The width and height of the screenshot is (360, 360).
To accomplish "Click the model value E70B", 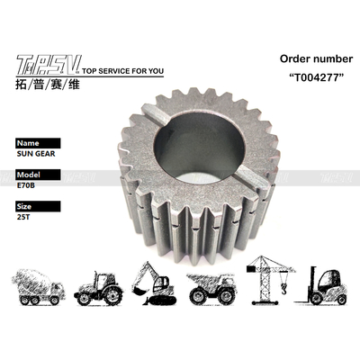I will (27, 186).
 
